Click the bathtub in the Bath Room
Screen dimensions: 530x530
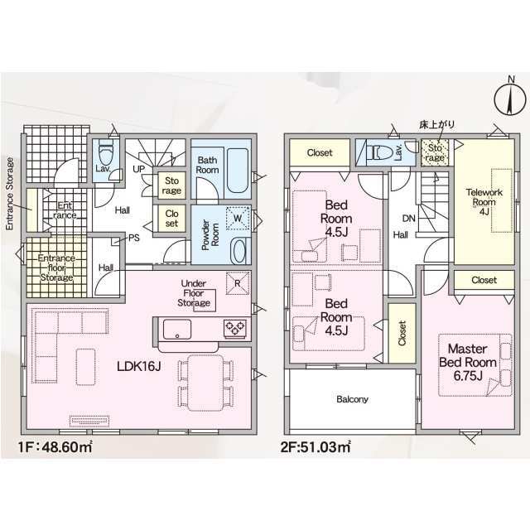pyautogui.click(x=238, y=171)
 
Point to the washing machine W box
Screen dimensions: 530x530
pyautogui.click(x=238, y=218)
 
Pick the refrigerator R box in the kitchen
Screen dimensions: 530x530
pyautogui.click(x=238, y=283)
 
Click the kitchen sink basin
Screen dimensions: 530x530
pyautogui.click(x=177, y=329)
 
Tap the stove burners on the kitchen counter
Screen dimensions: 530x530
pyautogui.click(x=235, y=326)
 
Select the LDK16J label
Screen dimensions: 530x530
pyautogui.click(x=138, y=366)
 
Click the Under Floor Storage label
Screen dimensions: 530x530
pyautogui.click(x=194, y=293)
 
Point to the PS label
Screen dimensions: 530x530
pyautogui.click(x=134, y=238)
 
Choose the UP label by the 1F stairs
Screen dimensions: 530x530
pyautogui.click(x=139, y=169)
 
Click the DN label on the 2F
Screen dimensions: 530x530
pyautogui.click(x=408, y=219)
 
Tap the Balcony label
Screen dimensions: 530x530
pyautogui.click(x=352, y=399)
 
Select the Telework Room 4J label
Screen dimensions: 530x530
pyautogui.click(x=484, y=202)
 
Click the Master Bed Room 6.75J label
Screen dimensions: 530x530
pyautogui.click(x=468, y=362)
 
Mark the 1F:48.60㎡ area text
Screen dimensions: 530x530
pyautogui.click(x=55, y=447)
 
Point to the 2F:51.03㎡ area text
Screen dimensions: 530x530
pyautogui.click(x=316, y=447)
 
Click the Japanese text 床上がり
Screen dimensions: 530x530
pyautogui.click(x=436, y=125)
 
